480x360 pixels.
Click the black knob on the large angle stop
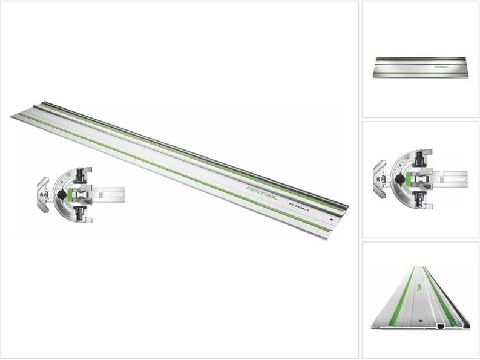[62, 195]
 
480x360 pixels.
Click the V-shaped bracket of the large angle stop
[42, 192]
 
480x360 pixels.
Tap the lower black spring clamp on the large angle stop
[81, 213]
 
